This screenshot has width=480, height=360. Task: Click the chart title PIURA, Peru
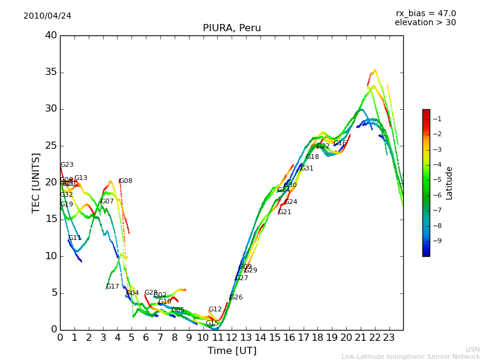pyautogui.click(x=232, y=28)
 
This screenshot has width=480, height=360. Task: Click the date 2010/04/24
pyautogui.click(x=47, y=16)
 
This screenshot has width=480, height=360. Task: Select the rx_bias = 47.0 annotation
pyautogui.click(x=425, y=14)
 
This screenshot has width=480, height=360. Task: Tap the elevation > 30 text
pyautogui.click(x=425, y=23)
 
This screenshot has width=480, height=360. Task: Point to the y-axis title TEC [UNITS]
pyautogui.click(x=37, y=182)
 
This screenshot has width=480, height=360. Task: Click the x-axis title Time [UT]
pyautogui.click(x=232, y=351)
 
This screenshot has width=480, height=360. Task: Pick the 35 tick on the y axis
pyautogui.click(x=50, y=73)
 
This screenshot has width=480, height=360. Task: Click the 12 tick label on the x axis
pyautogui.click(x=232, y=338)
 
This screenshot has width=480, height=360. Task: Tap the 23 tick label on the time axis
pyautogui.click(x=389, y=338)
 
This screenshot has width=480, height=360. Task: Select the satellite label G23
pyautogui.click(x=67, y=165)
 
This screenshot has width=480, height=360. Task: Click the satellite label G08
pyautogui.click(x=126, y=181)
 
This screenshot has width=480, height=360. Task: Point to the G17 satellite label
pyautogui.click(x=113, y=287)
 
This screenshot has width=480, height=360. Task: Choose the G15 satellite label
pyautogui.click(x=212, y=323)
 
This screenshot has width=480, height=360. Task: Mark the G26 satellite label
pyautogui.click(x=236, y=298)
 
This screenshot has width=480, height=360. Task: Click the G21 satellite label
pyautogui.click(x=285, y=212)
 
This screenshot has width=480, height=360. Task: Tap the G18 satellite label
pyautogui.click(x=313, y=157)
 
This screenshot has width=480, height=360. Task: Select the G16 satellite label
pyautogui.click(x=340, y=143)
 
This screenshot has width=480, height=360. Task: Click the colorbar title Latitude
pyautogui.click(x=449, y=183)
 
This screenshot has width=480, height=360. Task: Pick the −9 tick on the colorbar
pyautogui.click(x=437, y=241)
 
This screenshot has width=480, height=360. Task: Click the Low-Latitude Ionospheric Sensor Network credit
pyautogui.click(x=410, y=357)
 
